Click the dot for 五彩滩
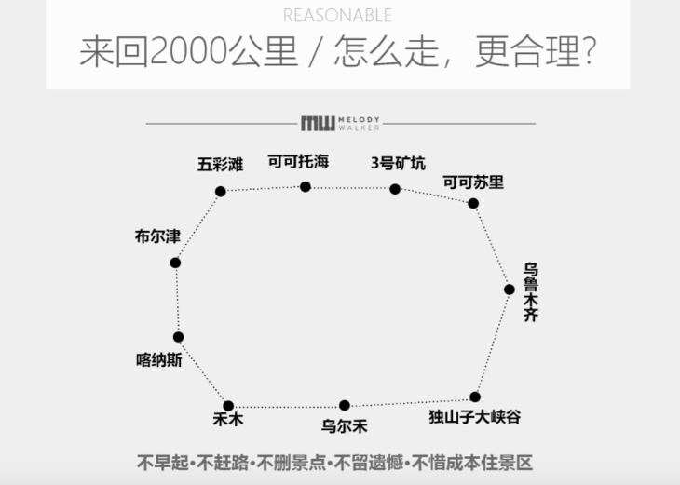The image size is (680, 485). pyautogui.click(x=221, y=192)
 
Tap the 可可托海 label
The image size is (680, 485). pyautogui.click(x=298, y=161)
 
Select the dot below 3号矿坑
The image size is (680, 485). pyautogui.click(x=395, y=189)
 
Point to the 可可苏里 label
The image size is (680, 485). pyautogui.click(x=473, y=182)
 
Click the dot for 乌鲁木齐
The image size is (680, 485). pyautogui.click(x=510, y=290)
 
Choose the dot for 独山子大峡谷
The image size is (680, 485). pyautogui.click(x=475, y=397)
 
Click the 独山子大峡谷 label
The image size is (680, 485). pyautogui.click(x=475, y=417)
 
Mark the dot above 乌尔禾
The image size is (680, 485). pyautogui.click(x=345, y=405)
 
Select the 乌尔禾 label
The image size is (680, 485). pyautogui.click(x=345, y=427)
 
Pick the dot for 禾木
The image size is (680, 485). pyautogui.click(x=228, y=406)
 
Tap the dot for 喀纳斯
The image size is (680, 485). pyautogui.click(x=178, y=337)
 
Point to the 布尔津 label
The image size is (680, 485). pyautogui.click(x=157, y=237)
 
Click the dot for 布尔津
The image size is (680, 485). pyautogui.click(x=175, y=263)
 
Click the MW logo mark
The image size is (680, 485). pyautogui.click(x=318, y=124)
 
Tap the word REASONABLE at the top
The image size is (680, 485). pyautogui.click(x=337, y=16)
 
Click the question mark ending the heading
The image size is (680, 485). pyautogui.click(x=589, y=52)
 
